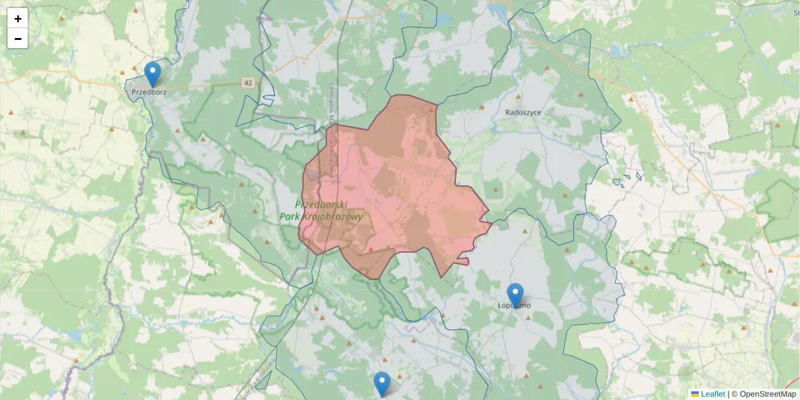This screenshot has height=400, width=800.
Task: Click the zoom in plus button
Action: [x=18, y=19]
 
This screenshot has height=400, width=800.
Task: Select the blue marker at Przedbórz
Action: [x=153, y=74]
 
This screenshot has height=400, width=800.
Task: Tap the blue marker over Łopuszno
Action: [x=515, y=295]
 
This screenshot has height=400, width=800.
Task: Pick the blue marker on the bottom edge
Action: [x=381, y=383]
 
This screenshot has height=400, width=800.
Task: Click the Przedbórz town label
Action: [x=149, y=93]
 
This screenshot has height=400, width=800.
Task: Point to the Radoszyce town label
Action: [x=523, y=113]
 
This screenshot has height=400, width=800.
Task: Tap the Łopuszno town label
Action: [x=515, y=305]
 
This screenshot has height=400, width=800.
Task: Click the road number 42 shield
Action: [x=249, y=83]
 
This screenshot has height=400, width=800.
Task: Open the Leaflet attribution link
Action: [x=713, y=394]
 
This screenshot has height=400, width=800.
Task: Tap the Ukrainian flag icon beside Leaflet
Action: [x=695, y=394]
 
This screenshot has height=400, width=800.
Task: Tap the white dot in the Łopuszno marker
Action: [x=515, y=292]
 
